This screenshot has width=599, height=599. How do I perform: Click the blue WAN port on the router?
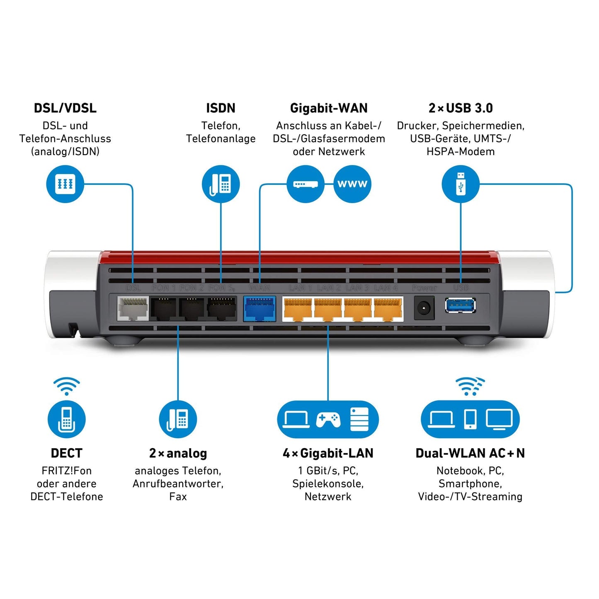259,309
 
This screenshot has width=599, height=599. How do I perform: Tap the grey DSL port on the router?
133,309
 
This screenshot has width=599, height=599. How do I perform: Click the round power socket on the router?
424,309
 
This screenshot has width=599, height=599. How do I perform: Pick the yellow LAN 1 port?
297,309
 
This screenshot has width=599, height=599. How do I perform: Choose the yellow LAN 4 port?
388,309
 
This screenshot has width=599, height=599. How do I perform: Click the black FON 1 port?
164,309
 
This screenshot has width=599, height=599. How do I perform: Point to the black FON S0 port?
222,309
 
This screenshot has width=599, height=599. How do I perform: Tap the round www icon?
352,184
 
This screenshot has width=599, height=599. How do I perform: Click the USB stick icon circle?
461,184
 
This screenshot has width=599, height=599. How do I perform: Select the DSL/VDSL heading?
65,108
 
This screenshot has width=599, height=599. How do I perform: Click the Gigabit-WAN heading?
329,108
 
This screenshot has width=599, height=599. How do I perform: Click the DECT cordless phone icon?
66,419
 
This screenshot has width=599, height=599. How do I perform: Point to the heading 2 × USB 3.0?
461,108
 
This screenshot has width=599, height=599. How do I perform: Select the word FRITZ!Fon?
66,471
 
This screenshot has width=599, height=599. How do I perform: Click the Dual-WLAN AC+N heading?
470,453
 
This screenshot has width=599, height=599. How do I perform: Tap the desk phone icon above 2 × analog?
178,419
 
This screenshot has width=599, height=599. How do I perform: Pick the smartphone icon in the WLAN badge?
470,419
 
